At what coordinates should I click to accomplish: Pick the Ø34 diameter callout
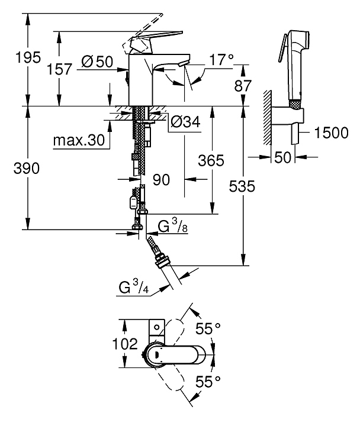point(184,122)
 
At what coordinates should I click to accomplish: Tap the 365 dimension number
point(210,160)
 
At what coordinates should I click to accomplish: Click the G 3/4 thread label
point(134,289)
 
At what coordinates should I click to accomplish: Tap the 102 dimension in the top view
point(125,344)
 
